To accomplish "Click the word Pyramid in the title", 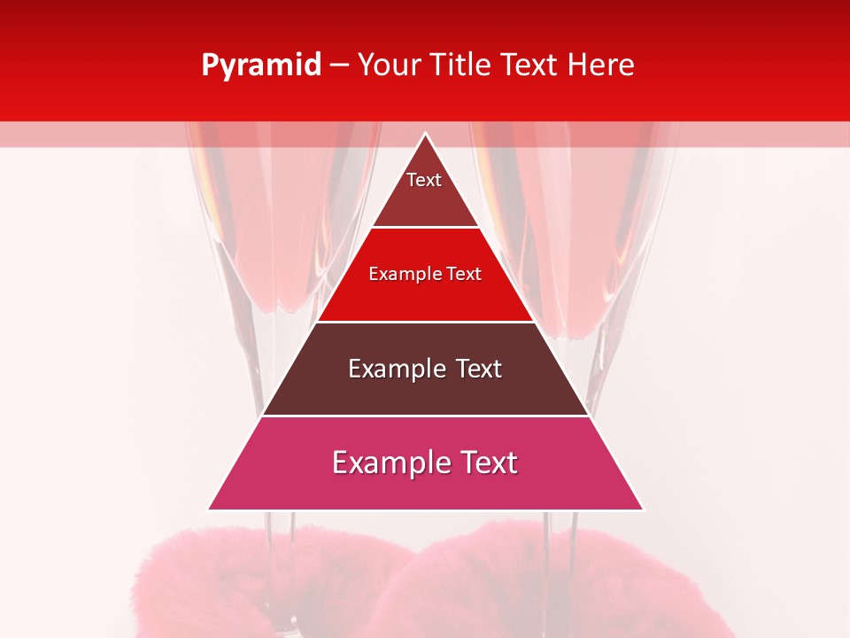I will click(x=261, y=66).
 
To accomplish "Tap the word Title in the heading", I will click(x=459, y=66).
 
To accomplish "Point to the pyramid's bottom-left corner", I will click(x=210, y=509).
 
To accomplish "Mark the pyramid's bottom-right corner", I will click(x=642, y=509).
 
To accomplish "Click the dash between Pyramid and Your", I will click(x=339, y=66).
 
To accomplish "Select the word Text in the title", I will click(x=531, y=66).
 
